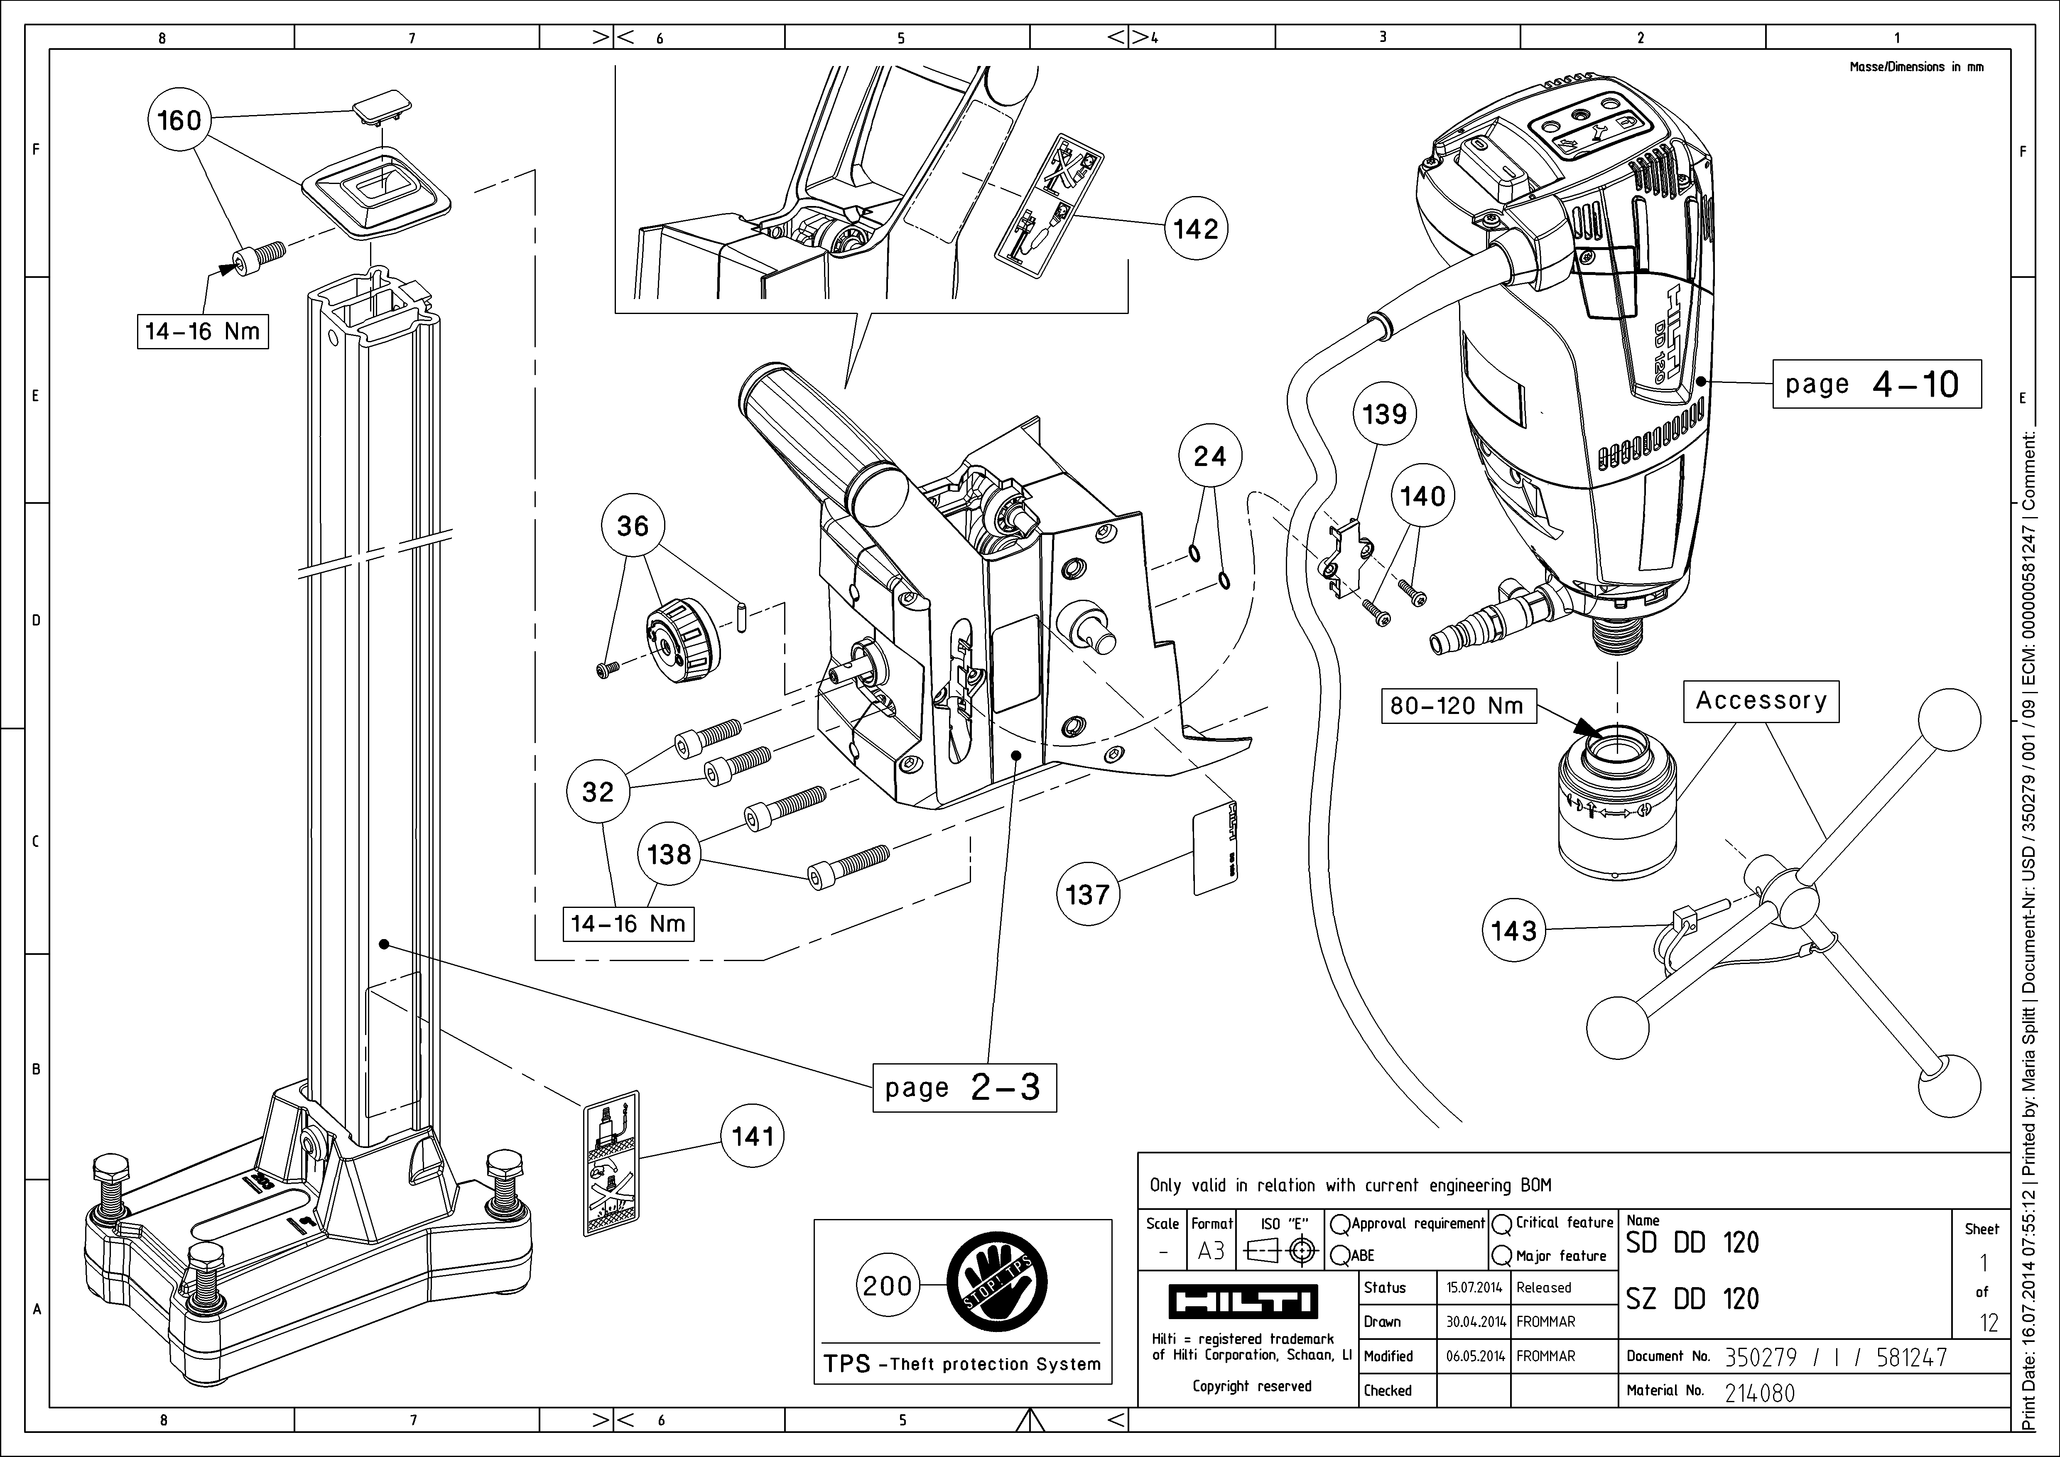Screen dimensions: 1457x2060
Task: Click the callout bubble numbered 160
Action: coord(179,120)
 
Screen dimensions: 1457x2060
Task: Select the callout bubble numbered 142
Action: coord(1196,230)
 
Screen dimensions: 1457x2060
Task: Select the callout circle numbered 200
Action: coord(888,1285)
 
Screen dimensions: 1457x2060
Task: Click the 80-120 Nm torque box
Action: coord(1457,706)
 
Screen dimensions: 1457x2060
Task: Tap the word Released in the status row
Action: coord(1543,1288)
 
